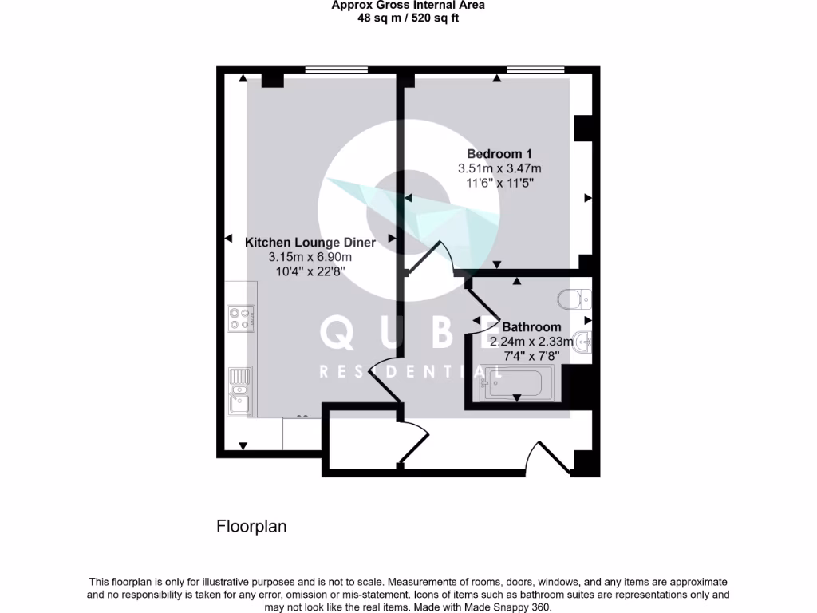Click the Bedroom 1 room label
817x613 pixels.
tap(499, 153)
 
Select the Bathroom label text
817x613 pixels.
tap(531, 326)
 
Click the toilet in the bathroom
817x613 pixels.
tap(574, 300)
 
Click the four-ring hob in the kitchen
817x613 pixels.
tap(240, 318)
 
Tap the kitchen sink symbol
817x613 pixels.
tap(239, 392)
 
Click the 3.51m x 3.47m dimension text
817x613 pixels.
tap(499, 168)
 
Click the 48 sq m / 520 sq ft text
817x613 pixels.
tap(408, 18)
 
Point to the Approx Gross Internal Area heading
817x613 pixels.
tap(408, 6)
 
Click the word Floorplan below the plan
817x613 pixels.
tap(251, 527)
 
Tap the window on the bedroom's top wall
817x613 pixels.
tap(535, 71)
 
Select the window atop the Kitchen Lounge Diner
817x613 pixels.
tap(330, 71)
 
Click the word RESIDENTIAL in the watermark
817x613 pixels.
tap(410, 372)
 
